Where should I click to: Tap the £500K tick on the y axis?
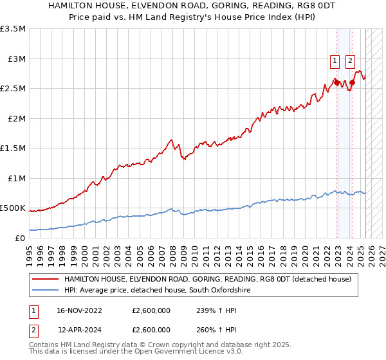pyautogui.click(x=13, y=208)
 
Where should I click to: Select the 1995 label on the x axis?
pyautogui.click(x=30, y=250)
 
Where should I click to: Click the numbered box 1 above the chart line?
pyautogui.click(x=335, y=62)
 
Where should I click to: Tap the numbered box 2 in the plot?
pyautogui.click(x=350, y=62)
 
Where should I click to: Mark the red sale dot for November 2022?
pyautogui.click(x=336, y=82)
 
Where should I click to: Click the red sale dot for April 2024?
pyautogui.click(x=352, y=83)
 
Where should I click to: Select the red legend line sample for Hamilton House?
pyautogui.click(x=45, y=280)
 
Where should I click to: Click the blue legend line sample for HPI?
pyautogui.click(x=45, y=291)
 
